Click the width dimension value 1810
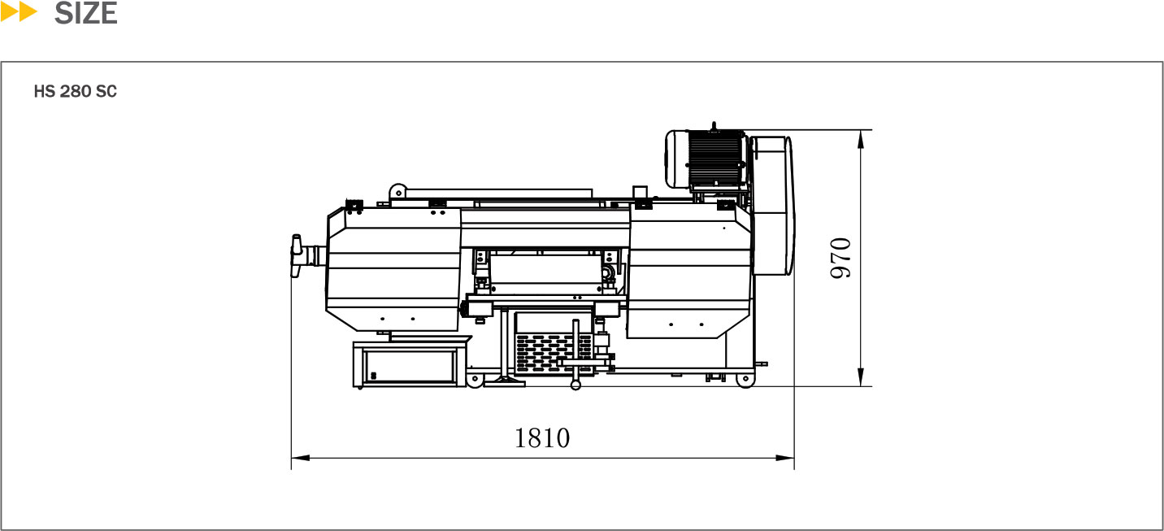point(542,438)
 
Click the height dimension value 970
point(840,258)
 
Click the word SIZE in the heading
point(86,14)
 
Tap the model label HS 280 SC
point(75,92)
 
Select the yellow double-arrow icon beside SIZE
point(20,13)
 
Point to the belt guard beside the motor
point(773,207)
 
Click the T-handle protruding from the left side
point(298,254)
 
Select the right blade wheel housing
point(691,272)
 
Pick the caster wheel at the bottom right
point(743,381)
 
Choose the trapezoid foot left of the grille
point(504,381)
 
